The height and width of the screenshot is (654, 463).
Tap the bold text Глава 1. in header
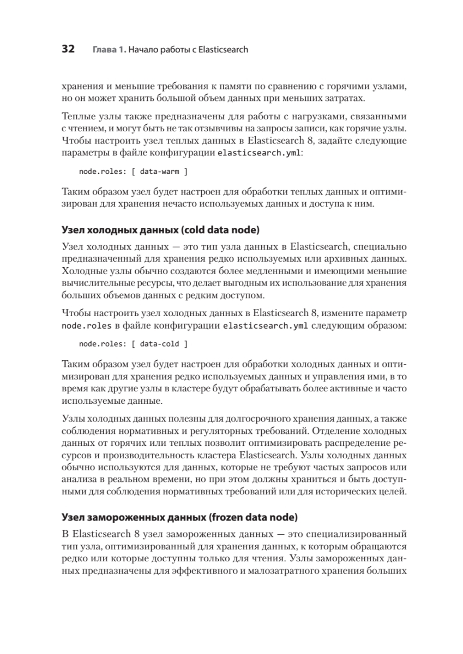[x=109, y=50]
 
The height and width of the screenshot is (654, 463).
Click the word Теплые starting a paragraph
[x=80, y=117]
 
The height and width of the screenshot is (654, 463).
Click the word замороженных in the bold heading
[x=123, y=515]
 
